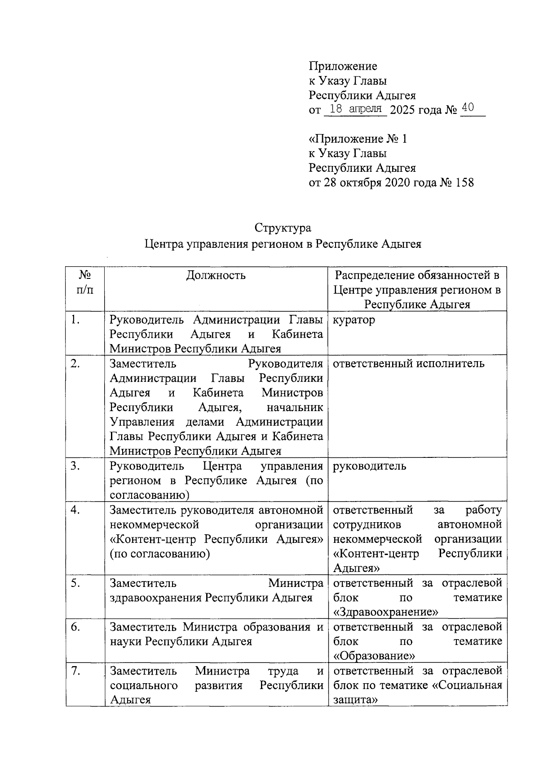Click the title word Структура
pos(283,228)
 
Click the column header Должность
pos(216,275)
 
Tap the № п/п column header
pos(85,282)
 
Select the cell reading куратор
pos(354,320)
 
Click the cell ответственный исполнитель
pos(409,363)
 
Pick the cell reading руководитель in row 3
pos(369,466)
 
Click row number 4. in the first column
pos(75,510)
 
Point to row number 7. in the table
pos(75,671)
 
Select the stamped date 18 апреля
pos(355,108)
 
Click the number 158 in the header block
pos(464,183)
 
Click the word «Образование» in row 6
pos(374,656)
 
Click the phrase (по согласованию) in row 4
pos(160,554)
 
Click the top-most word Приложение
pos(343,67)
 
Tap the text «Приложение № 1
pos(358,139)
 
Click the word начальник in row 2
pos(295,407)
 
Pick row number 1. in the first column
pos(75,320)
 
